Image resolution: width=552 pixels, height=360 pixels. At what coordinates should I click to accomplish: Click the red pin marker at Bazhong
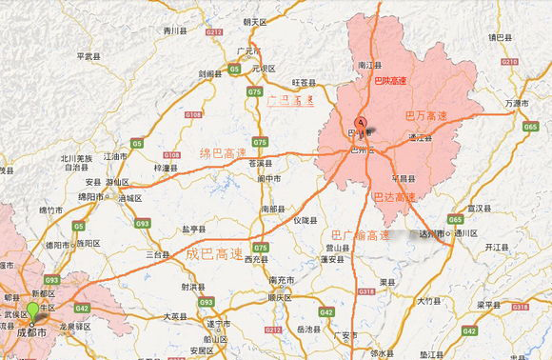pyautogui.click(x=361, y=124)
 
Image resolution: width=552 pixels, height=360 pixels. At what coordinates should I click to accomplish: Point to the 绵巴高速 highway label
pyautogui.click(x=223, y=151)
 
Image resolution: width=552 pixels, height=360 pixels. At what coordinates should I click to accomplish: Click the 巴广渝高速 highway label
pyautogui.click(x=361, y=234)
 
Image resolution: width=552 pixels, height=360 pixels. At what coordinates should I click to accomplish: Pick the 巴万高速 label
pyautogui.click(x=425, y=115)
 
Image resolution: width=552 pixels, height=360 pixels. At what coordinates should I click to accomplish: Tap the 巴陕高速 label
pyautogui.click(x=389, y=81)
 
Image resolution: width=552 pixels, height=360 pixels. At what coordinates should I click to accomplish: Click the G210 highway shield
pyautogui.click(x=507, y=62)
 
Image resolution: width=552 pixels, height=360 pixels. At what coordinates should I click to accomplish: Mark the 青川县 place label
pyautogui.click(x=173, y=30)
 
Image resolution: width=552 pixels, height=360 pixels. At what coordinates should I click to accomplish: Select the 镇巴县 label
pyautogui.click(x=501, y=37)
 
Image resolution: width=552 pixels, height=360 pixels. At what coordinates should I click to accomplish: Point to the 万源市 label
pyautogui.click(x=517, y=103)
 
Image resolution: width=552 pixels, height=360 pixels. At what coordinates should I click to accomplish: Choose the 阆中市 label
pyautogui.click(x=269, y=178)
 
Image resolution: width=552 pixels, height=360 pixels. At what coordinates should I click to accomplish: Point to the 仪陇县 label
pyautogui.click(x=306, y=220)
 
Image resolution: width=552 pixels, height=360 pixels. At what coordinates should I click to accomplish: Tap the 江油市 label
pyautogui.click(x=114, y=155)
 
